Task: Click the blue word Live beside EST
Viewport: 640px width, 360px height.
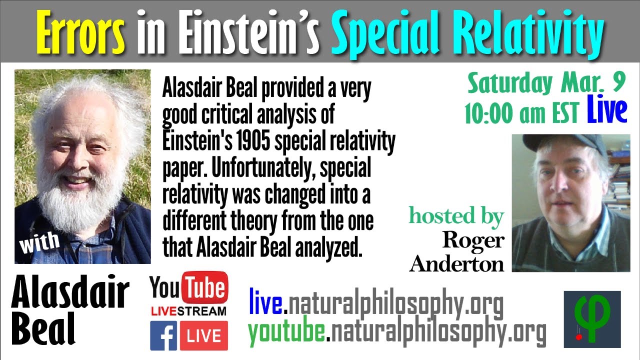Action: [607, 111]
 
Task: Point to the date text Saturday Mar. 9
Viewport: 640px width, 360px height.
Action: [546, 83]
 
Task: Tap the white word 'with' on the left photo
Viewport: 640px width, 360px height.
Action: [39, 242]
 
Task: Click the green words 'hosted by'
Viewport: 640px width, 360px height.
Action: [456, 216]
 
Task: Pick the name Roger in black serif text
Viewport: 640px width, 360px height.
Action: [472, 240]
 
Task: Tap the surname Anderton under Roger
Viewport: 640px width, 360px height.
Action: [456, 263]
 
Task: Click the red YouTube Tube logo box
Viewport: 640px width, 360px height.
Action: [204, 288]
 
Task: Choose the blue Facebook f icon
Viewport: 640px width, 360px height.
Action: [163, 335]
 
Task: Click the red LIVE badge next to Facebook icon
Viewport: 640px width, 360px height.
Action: [204, 335]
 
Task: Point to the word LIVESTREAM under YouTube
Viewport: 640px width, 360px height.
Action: [188, 311]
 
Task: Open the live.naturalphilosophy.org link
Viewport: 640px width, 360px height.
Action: [375, 304]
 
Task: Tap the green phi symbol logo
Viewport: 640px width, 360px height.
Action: [592, 318]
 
